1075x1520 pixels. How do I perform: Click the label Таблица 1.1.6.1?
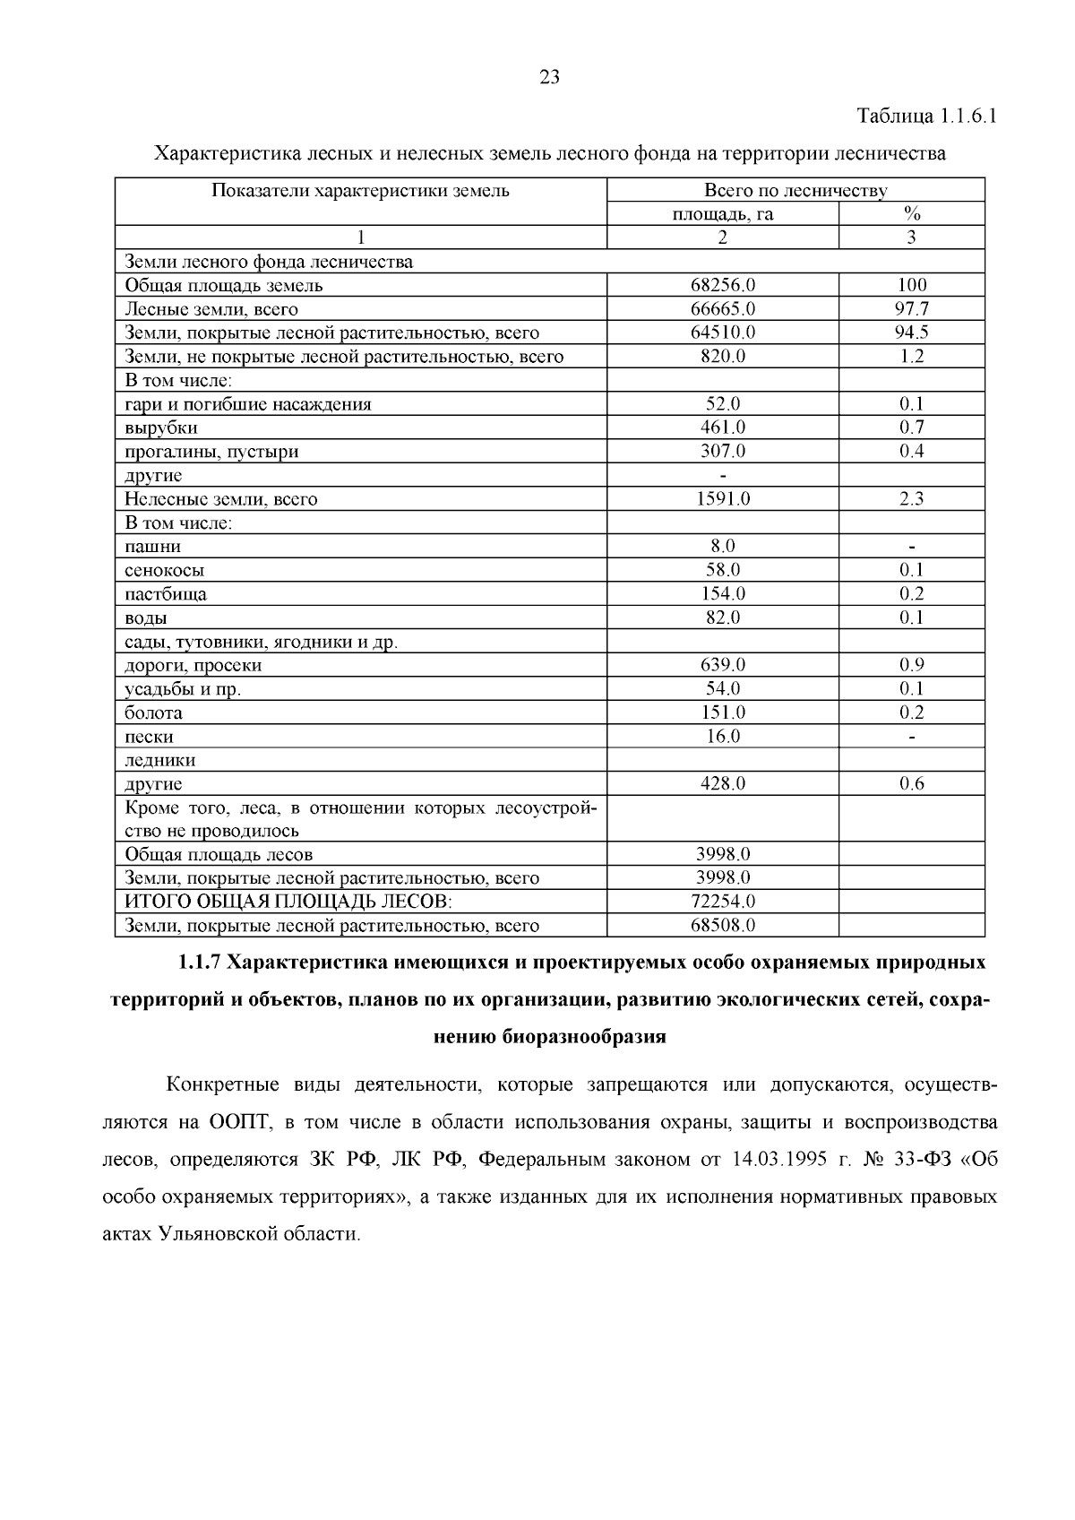pos(927,117)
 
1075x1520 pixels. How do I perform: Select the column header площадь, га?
pos(723,214)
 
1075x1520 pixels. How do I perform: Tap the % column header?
pos(912,214)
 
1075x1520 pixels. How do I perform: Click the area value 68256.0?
pos(723,285)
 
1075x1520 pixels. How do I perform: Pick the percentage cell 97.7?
pos(912,309)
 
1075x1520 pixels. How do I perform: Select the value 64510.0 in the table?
pos(723,332)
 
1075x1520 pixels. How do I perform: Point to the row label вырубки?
pos(161,428)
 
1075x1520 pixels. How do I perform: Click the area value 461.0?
pos(723,427)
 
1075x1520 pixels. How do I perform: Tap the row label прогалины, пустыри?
pos(211,452)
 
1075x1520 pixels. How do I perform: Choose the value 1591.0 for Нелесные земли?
pos(723,499)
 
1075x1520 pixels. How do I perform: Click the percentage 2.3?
pos(912,499)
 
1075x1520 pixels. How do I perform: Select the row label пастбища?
pos(166,594)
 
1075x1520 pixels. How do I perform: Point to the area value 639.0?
pos(723,665)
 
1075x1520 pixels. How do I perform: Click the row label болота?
pos(153,713)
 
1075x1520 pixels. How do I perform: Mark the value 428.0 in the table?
pos(723,784)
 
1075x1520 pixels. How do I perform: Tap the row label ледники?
pos(159,761)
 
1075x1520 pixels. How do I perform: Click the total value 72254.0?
pos(723,902)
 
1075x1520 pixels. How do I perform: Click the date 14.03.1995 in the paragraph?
pos(778,1160)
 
